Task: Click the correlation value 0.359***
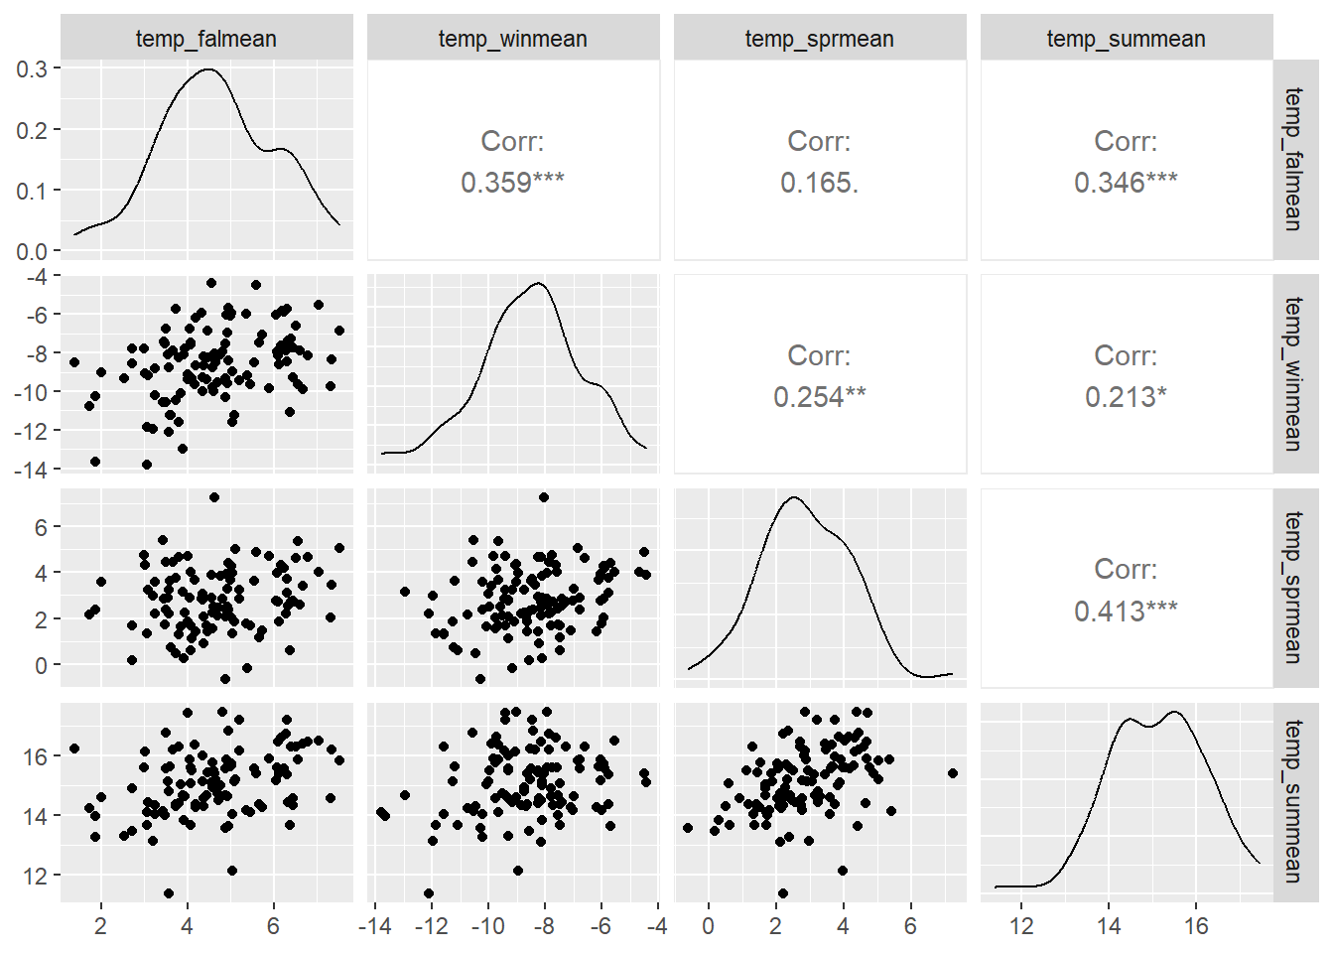pos(512,183)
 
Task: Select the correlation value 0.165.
pos(819,183)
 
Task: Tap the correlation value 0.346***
pos(1126,183)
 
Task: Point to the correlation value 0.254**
pos(819,397)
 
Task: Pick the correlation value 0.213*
pos(1126,397)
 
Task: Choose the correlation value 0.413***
pos(1126,611)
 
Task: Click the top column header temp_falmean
pos(206,39)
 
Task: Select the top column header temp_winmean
pos(512,39)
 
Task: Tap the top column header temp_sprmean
pos(819,39)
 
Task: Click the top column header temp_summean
pos(1126,39)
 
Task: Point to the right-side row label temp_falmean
pos(1292,159)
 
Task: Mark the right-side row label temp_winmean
pos(1292,373)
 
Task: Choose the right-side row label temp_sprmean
pos(1292,587)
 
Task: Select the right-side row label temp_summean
pos(1292,801)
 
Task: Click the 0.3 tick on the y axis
pos(31,68)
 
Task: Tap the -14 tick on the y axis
pos(30,470)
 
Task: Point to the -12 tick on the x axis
pos(431,926)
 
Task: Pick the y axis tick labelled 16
pos(35,756)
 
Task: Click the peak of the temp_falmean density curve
pos(208,69)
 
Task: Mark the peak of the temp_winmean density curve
pos(538,284)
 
